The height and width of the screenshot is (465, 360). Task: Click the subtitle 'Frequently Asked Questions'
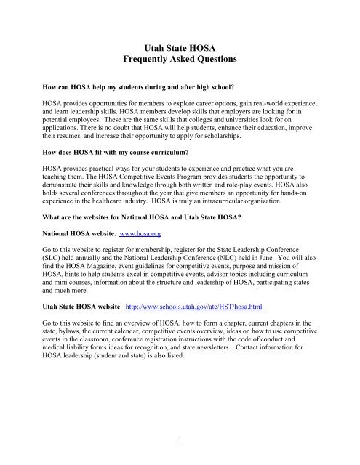[x=180, y=63]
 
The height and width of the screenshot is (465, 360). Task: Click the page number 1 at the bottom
[x=180, y=440]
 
